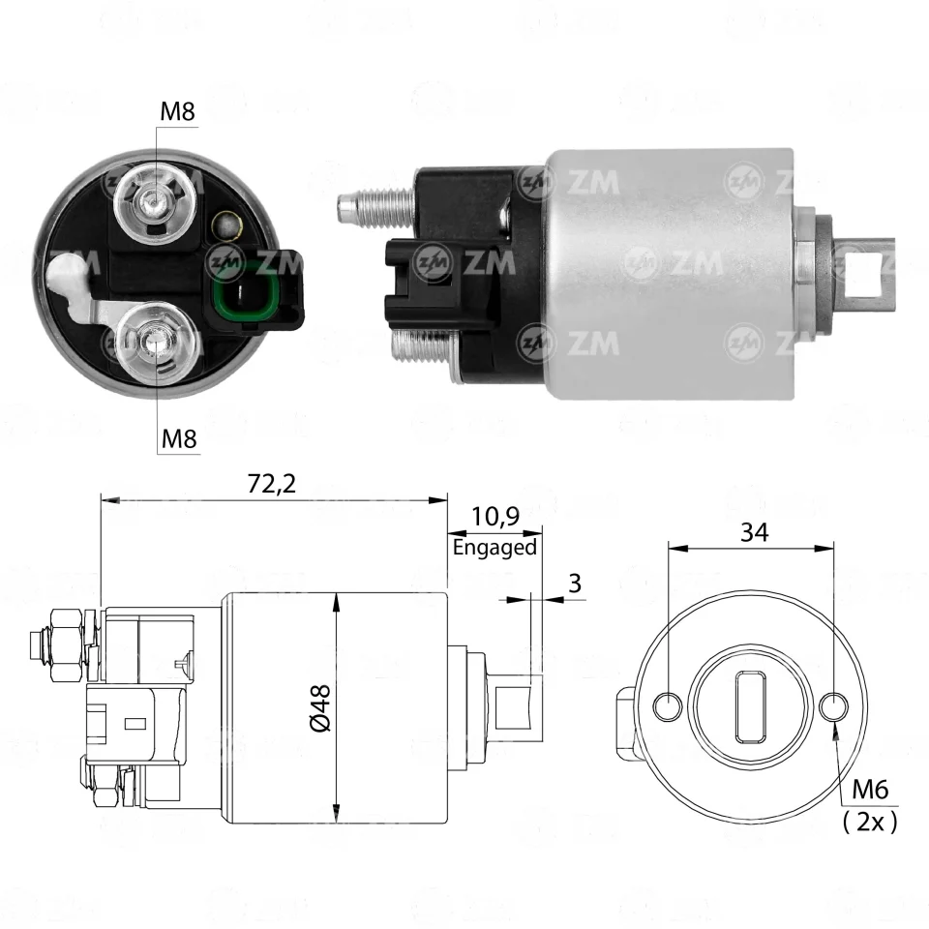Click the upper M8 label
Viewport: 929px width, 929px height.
177,110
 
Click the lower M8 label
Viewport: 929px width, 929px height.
179,439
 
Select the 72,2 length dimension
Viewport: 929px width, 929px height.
271,484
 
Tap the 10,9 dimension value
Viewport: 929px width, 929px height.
495,516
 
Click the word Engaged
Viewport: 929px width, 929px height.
494,547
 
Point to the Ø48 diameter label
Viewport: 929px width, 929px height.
320,707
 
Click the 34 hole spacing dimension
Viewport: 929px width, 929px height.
754,532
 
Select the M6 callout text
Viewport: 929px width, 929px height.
870,790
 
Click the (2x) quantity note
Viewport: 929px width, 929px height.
870,822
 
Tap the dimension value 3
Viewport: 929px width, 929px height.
575,584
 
